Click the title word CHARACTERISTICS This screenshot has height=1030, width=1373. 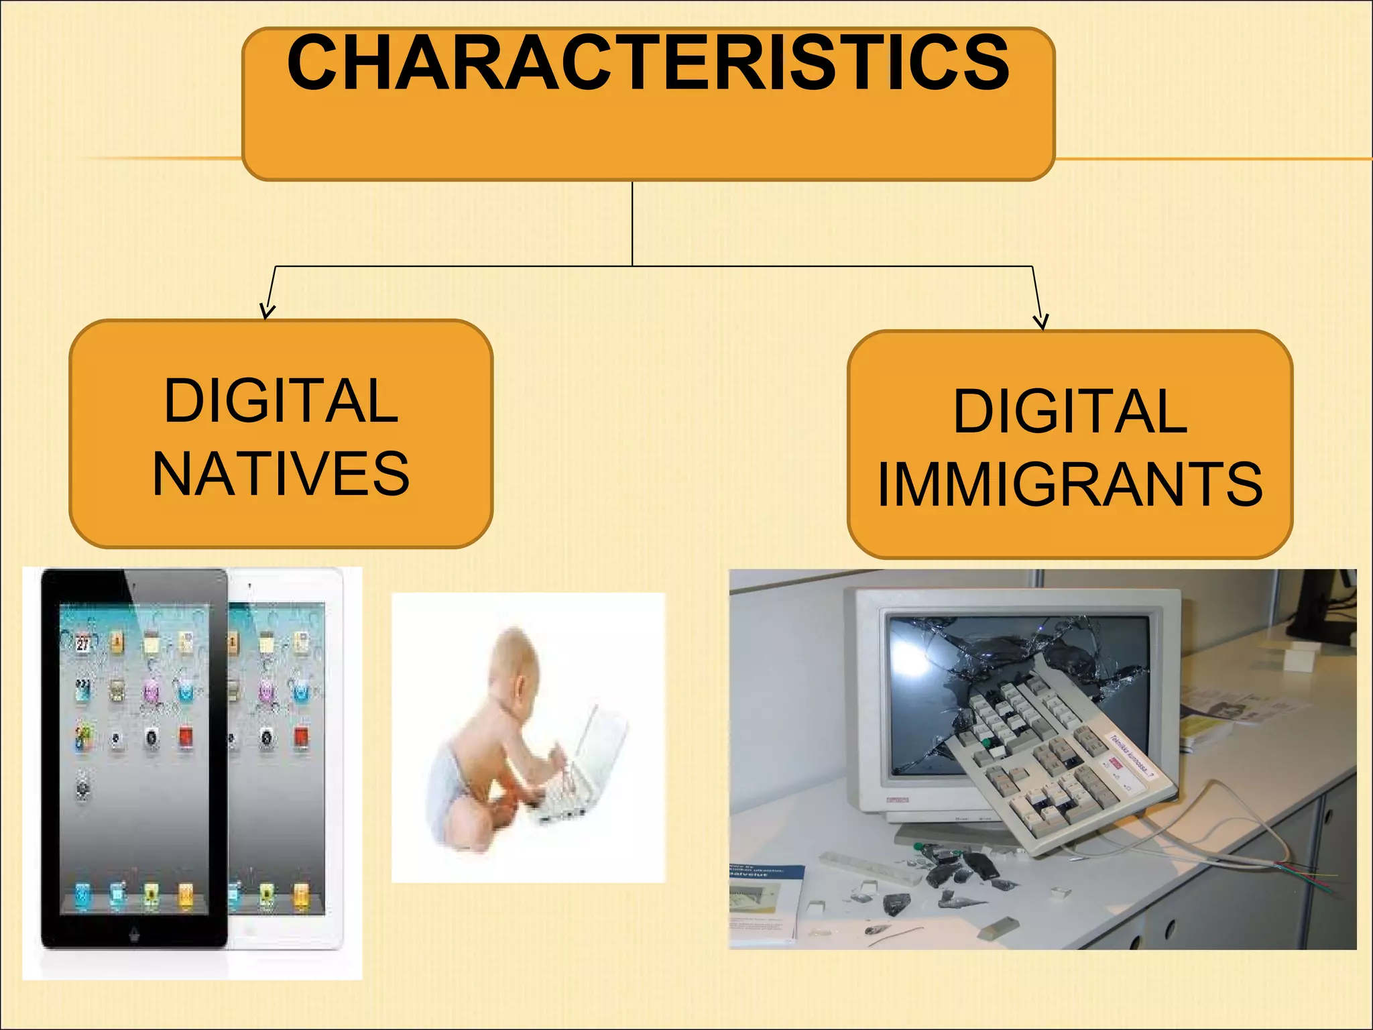click(x=648, y=64)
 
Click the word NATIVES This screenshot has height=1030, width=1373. click(x=281, y=474)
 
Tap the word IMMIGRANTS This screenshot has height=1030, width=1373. click(x=1070, y=484)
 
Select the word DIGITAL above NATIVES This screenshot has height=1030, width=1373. click(x=281, y=401)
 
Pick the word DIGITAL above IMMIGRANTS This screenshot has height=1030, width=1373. click(x=1070, y=412)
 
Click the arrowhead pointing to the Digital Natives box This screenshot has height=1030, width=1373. click(x=267, y=311)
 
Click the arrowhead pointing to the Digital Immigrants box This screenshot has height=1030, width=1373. click(x=1040, y=322)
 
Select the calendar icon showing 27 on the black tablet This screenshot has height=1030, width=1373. click(x=82, y=642)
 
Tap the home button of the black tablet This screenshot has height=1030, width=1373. click(x=134, y=934)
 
